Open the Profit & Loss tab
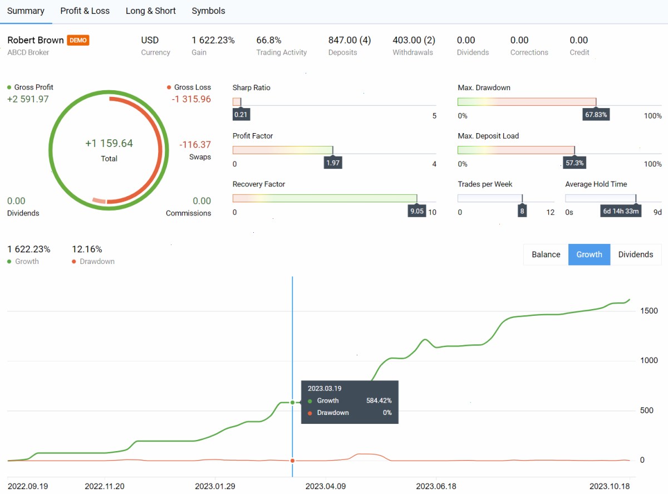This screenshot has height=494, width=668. (x=85, y=11)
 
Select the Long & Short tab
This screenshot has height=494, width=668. (x=151, y=11)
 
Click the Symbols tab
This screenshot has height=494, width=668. (x=208, y=11)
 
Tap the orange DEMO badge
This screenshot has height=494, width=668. (x=78, y=40)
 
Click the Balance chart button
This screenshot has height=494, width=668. (x=546, y=255)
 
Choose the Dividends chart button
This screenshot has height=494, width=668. (x=636, y=255)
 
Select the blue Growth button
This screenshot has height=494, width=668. (x=590, y=255)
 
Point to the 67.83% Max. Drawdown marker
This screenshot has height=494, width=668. (x=596, y=115)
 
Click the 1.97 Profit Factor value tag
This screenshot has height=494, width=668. (x=333, y=163)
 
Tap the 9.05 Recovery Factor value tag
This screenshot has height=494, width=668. (x=417, y=211)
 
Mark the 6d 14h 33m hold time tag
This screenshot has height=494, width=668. (x=621, y=211)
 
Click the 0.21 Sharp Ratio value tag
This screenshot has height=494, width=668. (x=241, y=115)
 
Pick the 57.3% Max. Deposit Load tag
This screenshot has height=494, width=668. (x=574, y=163)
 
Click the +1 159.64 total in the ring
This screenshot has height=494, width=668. (x=109, y=144)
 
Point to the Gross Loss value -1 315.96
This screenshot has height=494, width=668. (x=191, y=99)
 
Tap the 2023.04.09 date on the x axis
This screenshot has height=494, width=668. (x=326, y=486)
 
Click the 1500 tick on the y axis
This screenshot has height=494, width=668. (x=649, y=311)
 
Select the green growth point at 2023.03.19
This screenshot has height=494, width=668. (x=292, y=402)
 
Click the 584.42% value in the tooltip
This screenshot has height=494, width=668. (x=379, y=400)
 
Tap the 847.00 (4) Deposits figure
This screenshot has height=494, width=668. (x=350, y=40)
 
